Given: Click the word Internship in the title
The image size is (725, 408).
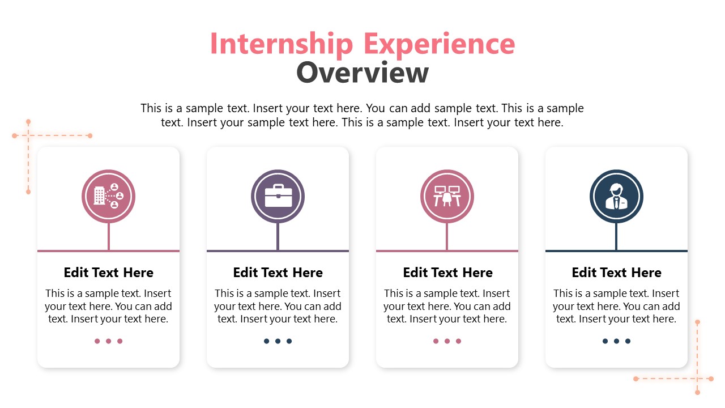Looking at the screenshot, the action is [282, 44].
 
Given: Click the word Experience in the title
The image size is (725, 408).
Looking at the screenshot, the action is [439, 44].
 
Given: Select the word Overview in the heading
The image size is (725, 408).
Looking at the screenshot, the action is [362, 73].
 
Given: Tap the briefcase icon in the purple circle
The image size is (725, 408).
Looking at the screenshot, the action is [278, 195].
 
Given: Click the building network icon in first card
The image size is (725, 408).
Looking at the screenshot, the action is [108, 196].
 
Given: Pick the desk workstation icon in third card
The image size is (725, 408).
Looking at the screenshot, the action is [447, 196].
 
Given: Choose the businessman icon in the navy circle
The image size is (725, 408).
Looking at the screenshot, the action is [616, 196].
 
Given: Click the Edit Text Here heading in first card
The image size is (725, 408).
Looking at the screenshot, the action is [108, 273].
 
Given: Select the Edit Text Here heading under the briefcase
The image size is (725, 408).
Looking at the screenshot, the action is [278, 273].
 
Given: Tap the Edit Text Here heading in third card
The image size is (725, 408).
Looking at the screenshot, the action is [447, 273].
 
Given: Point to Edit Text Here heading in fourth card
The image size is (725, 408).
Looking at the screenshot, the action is [617, 273].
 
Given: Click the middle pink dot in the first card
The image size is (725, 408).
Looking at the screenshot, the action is [108, 341].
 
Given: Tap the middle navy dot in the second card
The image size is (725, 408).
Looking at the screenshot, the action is [278, 341].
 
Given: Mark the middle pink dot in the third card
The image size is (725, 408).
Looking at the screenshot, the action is [447, 341].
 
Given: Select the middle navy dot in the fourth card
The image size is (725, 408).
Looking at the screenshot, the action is [616, 341].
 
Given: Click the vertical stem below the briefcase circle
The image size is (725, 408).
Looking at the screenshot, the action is [278, 236].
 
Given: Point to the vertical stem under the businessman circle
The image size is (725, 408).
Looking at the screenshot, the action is [616, 236].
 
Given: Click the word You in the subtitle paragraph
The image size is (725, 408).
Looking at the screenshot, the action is [376, 108].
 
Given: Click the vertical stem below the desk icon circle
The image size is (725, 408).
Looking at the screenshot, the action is [447, 236].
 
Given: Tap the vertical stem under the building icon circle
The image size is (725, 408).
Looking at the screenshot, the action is [108, 236].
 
